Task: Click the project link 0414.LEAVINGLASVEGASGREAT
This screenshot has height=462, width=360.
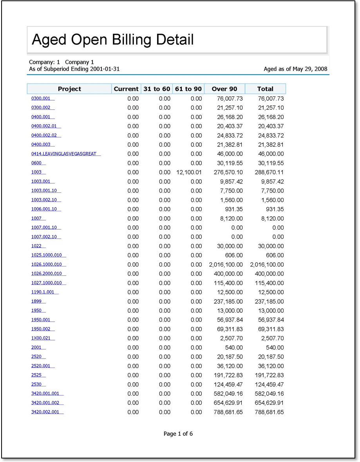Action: pyautogui.click(x=64, y=154)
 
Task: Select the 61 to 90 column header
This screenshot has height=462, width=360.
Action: pyautogui.click(x=188, y=89)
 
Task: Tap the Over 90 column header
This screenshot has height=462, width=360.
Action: pyautogui.click(x=224, y=89)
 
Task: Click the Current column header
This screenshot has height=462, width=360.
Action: pyautogui.click(x=126, y=89)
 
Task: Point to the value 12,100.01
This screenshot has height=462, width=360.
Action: pyautogui.click(x=189, y=172)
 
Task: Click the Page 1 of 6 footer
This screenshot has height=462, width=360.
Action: pyautogui.click(x=178, y=434)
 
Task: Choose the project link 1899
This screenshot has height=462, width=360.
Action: pyautogui.click(x=36, y=301)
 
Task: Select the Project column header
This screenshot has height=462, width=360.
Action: pyautogui.click(x=69, y=89)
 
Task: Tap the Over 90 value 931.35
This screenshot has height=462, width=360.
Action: pyautogui.click(x=233, y=209)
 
